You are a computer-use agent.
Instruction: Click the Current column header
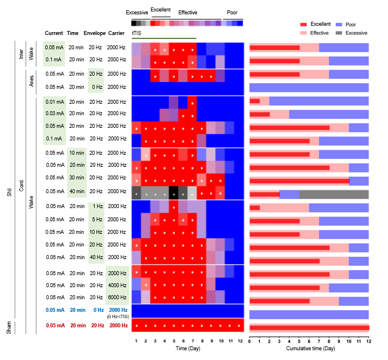pos(54,33)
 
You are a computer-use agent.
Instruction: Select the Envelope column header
pos(95,33)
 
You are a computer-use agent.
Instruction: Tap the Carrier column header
pos(115,33)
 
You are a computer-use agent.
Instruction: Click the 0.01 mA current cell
pos(54,102)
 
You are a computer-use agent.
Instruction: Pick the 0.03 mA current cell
pos(54,114)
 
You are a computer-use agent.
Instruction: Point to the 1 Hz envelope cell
pos(95,206)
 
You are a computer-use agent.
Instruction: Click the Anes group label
pos(32,81)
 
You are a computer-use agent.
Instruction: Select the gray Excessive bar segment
pos(333,194)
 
